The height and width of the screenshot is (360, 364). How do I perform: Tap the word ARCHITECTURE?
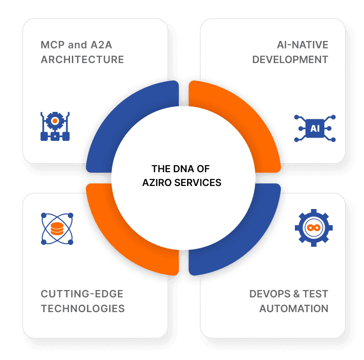tap(82, 60)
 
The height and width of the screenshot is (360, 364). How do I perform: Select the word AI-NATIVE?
tap(302, 45)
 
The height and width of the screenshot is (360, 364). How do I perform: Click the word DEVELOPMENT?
tap(290, 60)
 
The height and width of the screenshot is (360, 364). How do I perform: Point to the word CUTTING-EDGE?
tap(82, 294)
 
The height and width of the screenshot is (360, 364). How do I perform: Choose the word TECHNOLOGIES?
tap(83, 308)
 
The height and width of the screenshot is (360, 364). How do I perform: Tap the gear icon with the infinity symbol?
tap(314, 228)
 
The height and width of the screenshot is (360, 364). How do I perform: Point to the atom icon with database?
tap(57, 228)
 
